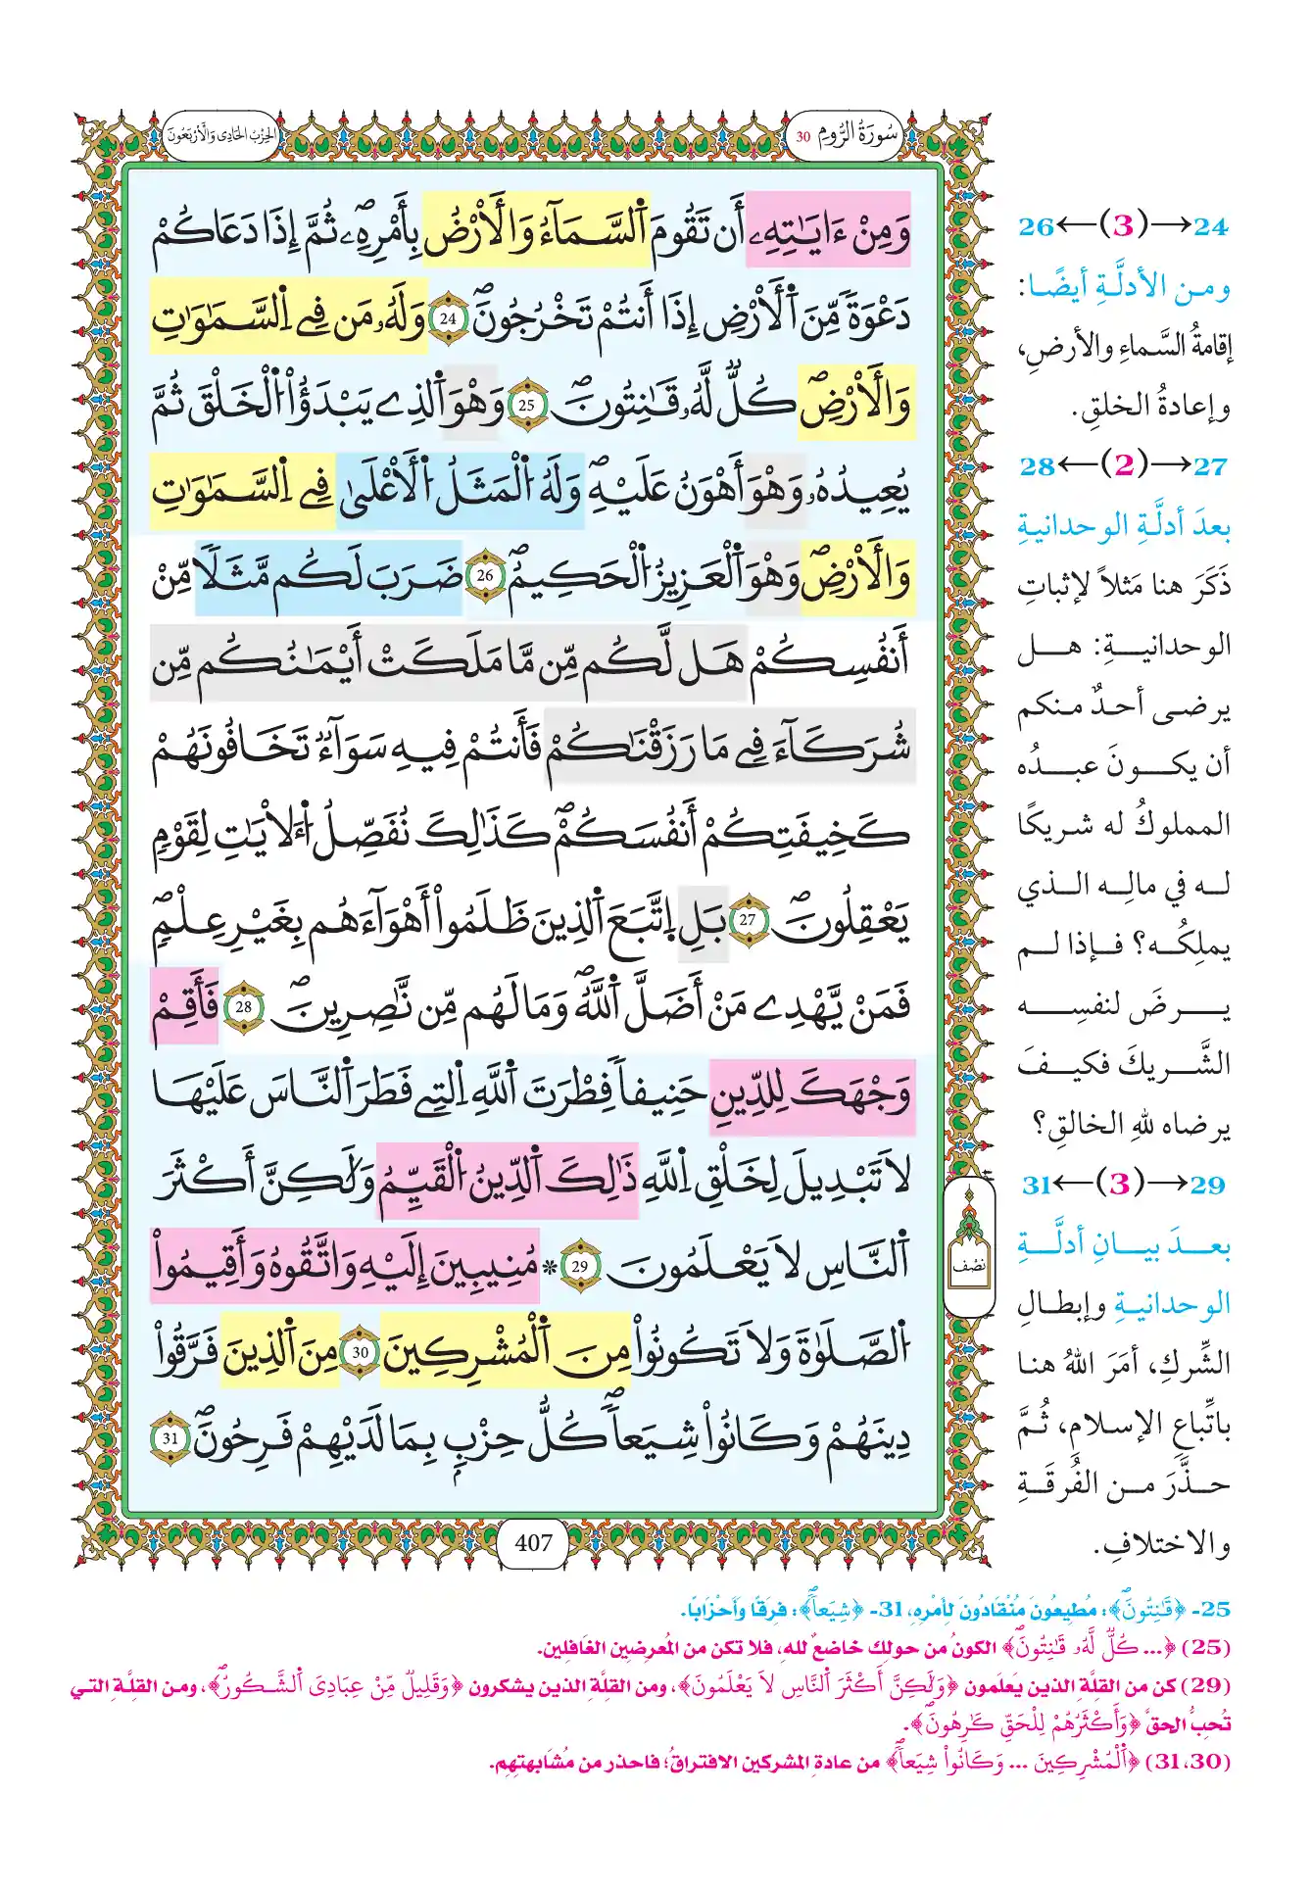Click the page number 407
pyautogui.click(x=533, y=1542)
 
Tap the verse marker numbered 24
pyautogui.click(x=448, y=317)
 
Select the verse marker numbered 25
pyautogui.click(x=526, y=404)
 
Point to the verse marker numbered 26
pyautogui.click(x=485, y=576)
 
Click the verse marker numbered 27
pyautogui.click(x=748, y=919)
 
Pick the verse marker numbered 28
pyautogui.click(x=244, y=1006)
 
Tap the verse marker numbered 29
pyautogui.click(x=580, y=1266)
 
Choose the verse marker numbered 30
pyautogui.click(x=361, y=1352)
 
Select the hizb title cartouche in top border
pyautogui.click(x=221, y=135)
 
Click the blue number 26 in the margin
pyautogui.click(x=1036, y=227)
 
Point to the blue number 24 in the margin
pyautogui.click(x=1210, y=227)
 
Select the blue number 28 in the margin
pyautogui.click(x=1036, y=465)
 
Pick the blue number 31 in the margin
pyautogui.click(x=1037, y=1185)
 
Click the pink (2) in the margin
pyautogui.click(x=1124, y=465)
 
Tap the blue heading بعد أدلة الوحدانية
pyautogui.click(x=1124, y=526)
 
